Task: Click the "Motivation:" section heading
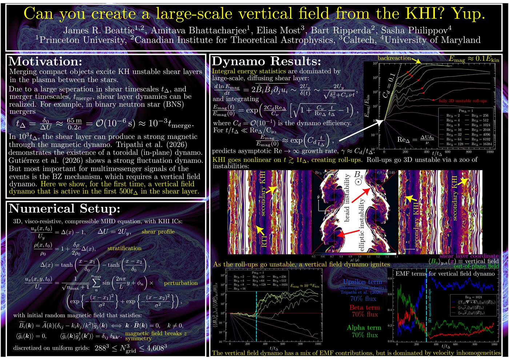pos(45,61)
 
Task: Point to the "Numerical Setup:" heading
pos(63,208)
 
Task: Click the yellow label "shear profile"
pos(158,232)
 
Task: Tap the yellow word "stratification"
pos(124,248)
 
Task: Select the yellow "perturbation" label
pos(181,283)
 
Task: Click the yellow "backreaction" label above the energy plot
pos(394,58)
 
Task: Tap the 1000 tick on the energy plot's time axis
pos(490,152)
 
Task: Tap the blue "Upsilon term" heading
pos(362,282)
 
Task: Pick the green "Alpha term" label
pos(364,328)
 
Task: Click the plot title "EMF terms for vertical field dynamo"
pos(445,273)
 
